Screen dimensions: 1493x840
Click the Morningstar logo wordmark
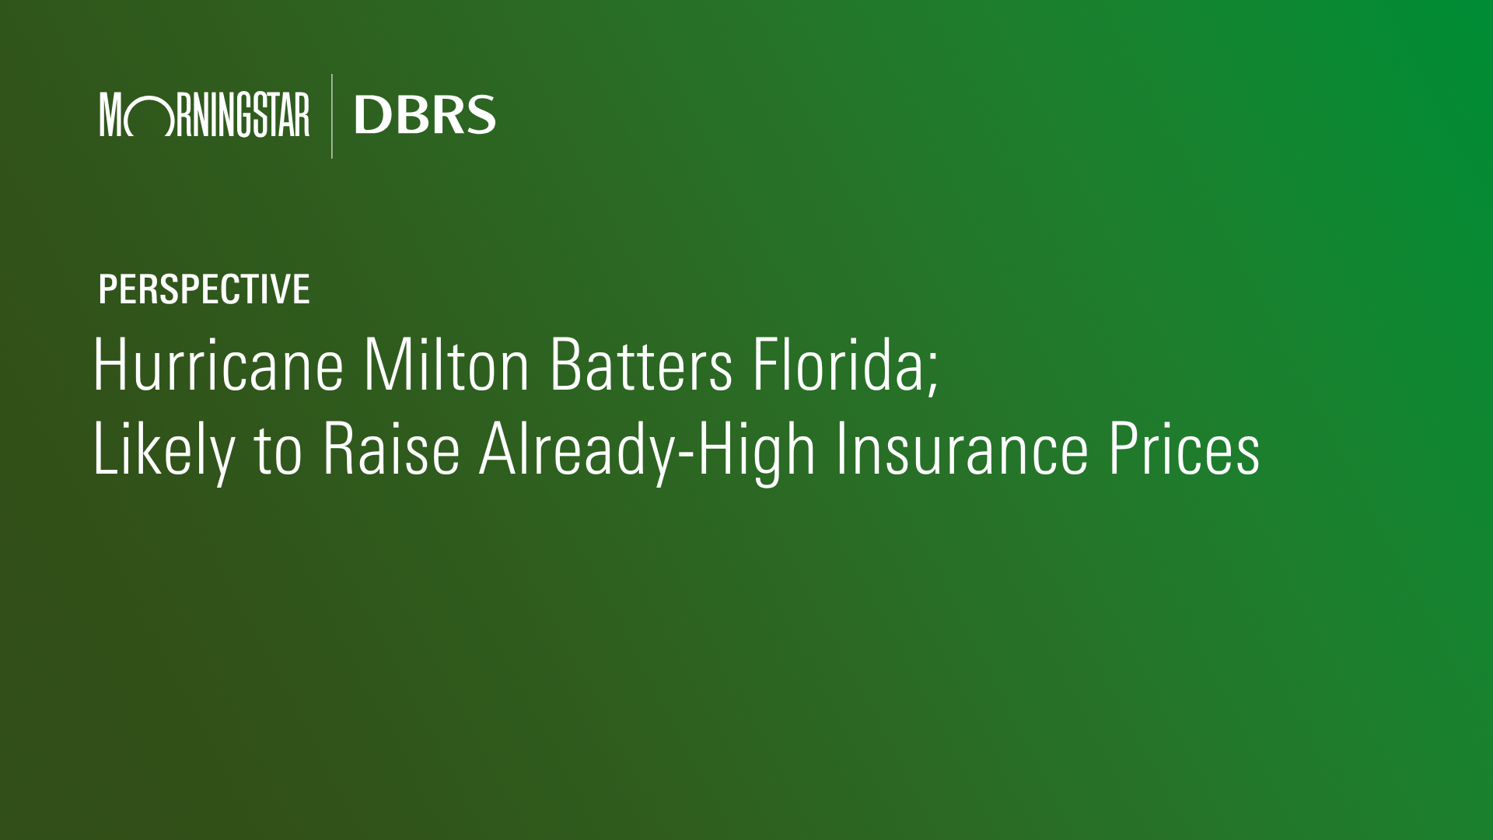[x=205, y=115]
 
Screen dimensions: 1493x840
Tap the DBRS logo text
[x=425, y=115]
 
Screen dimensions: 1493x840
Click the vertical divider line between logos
[x=332, y=116]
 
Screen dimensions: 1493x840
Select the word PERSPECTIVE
[x=204, y=289]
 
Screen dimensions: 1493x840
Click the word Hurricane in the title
[x=219, y=365]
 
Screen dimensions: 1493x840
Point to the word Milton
[x=446, y=365]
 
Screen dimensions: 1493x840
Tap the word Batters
[x=641, y=365]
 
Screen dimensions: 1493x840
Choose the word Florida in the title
[x=837, y=365]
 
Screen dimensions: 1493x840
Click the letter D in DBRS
[x=371, y=115]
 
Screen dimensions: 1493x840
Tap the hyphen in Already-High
[x=685, y=455]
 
